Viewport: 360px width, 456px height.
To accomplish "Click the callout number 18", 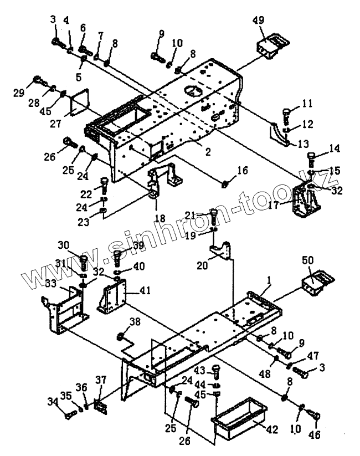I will [160, 218].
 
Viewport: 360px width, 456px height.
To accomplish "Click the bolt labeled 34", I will [68, 413].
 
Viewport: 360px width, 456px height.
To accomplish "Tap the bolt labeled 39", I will [118, 257].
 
